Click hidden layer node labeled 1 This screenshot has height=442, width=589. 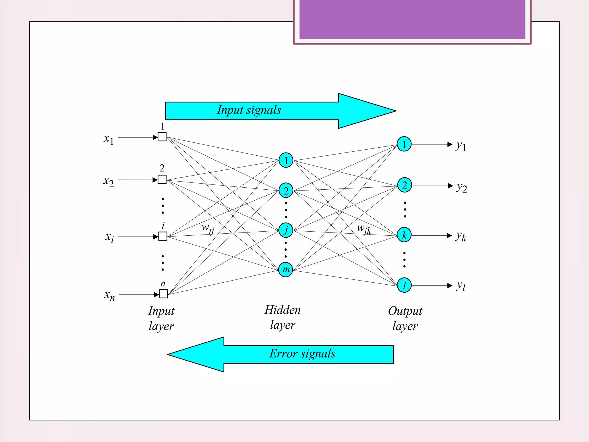286,160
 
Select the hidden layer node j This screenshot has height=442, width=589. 286,230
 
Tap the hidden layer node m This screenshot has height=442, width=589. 286,269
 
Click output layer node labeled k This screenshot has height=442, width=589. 404,235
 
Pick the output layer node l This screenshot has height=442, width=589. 404,285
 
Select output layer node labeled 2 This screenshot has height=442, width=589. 404,185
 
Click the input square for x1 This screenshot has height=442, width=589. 162,137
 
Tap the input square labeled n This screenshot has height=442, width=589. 163,294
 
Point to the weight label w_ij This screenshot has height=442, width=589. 208,229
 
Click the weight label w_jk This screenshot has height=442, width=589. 364,229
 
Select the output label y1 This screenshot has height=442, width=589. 460,146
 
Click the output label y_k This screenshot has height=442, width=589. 461,236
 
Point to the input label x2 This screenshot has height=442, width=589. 108,182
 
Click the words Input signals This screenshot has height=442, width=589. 249,110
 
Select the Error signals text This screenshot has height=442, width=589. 302,354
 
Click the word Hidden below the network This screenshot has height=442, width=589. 282,310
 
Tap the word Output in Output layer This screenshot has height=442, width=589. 405,311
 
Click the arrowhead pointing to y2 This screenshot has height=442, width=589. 450,186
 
